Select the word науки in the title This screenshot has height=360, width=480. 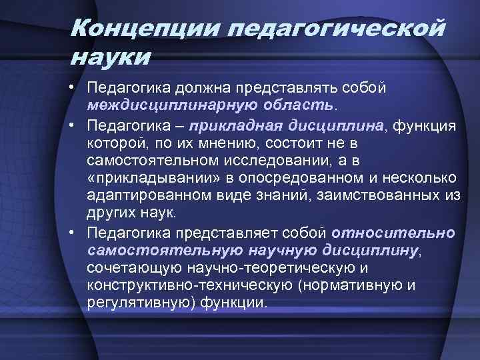[111, 57]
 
